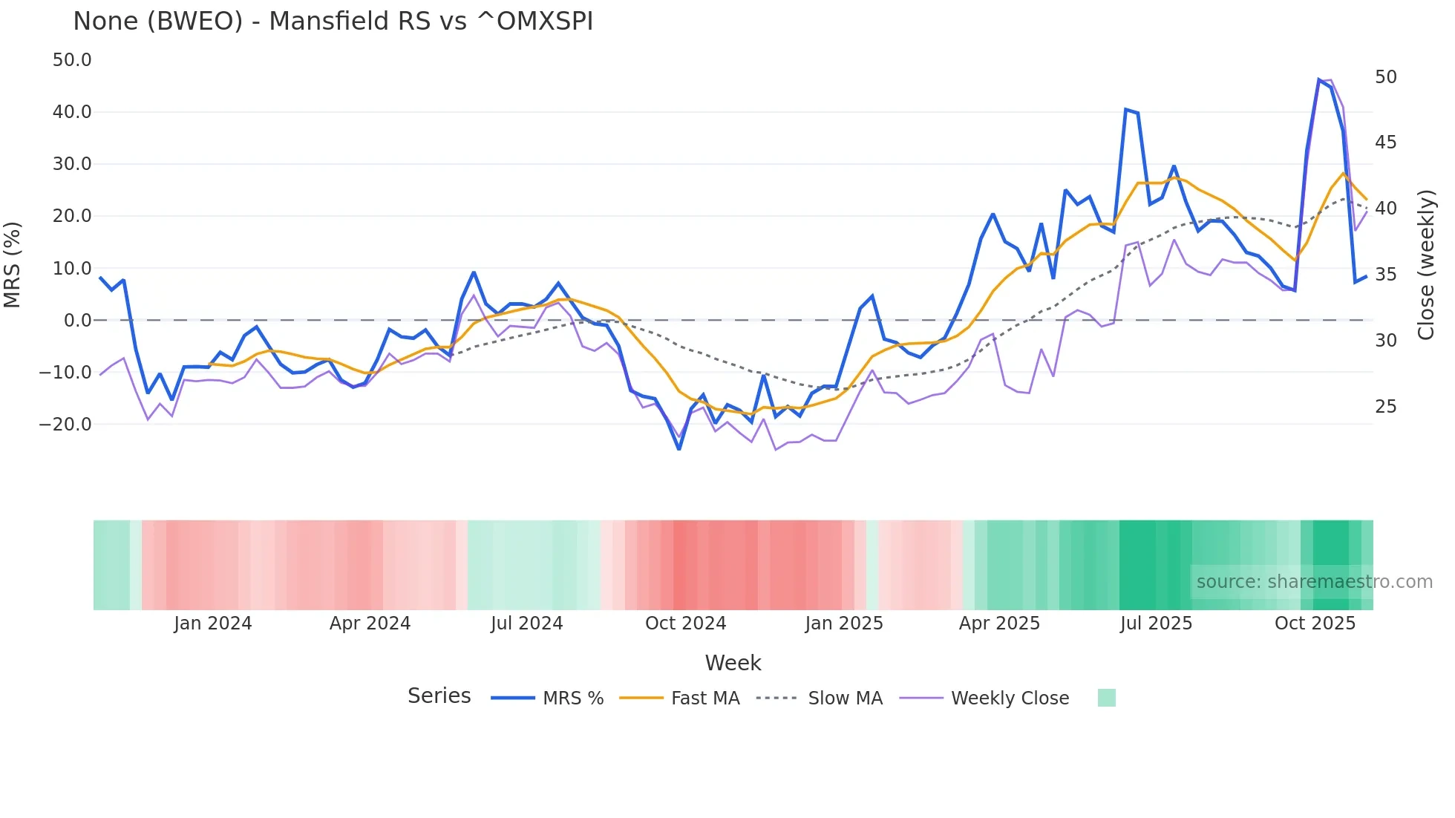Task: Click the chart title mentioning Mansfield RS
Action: pos(333,21)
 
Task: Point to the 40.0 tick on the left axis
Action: pos(72,112)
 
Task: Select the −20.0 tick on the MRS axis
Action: pos(66,425)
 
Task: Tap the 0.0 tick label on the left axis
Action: pos(77,321)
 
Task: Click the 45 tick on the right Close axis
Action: pos(1385,143)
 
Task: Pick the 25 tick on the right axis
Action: pos(1385,407)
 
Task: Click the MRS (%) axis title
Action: pos(12,265)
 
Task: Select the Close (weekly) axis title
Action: pos(1425,265)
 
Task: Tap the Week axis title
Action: pos(733,663)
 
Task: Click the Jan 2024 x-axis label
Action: pos(213,624)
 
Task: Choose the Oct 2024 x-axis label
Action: pos(685,624)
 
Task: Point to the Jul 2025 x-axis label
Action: pos(1156,624)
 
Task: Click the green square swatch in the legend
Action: pos(1106,698)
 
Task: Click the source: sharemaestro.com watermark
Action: pos(1314,582)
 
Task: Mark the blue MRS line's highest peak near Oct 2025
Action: pos(1319,80)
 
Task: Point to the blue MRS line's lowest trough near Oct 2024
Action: pos(679,448)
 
